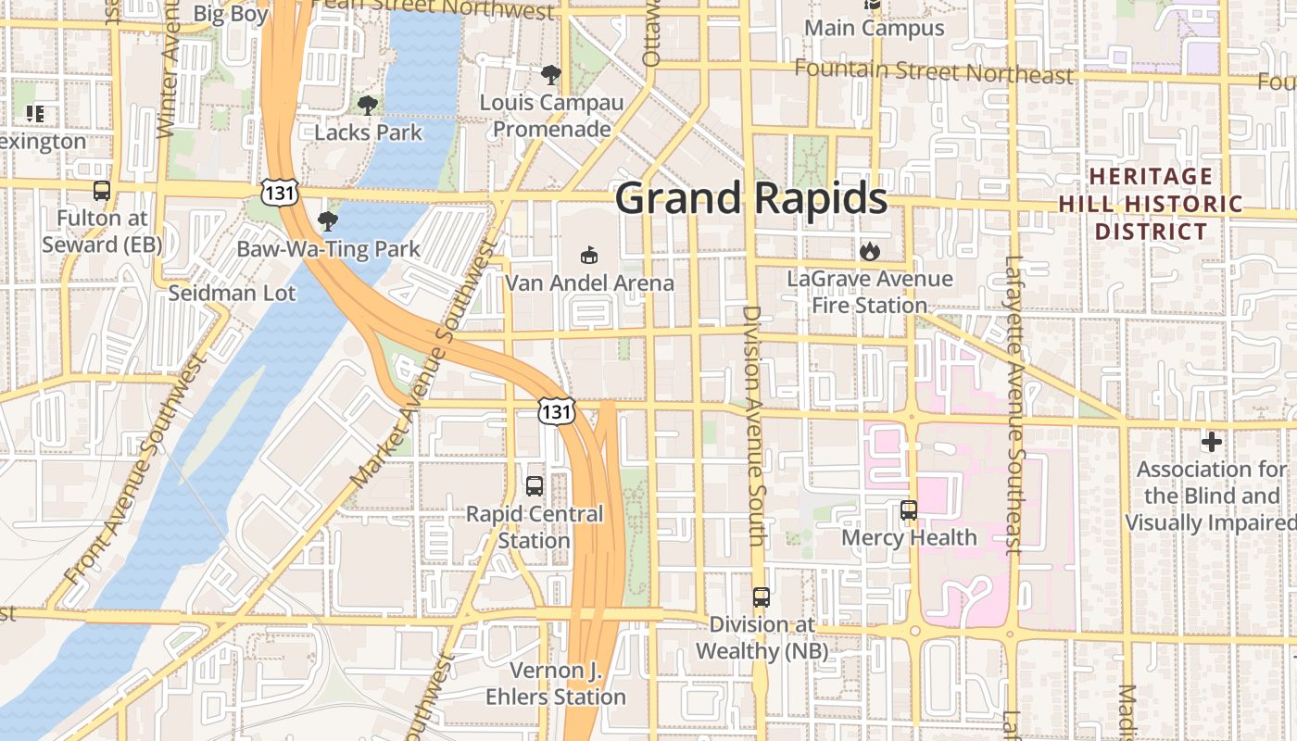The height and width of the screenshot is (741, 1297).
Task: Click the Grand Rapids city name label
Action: pyautogui.click(x=750, y=199)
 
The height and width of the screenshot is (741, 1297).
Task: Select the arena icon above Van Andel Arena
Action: pyautogui.click(x=588, y=255)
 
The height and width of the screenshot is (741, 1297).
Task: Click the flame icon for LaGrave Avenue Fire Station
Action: pyautogui.click(x=869, y=251)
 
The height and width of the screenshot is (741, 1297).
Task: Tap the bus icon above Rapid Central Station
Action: pyautogui.click(x=535, y=485)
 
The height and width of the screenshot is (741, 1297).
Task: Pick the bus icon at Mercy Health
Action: pyautogui.click(x=909, y=509)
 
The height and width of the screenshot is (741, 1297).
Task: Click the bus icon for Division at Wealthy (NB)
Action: pyautogui.click(x=762, y=597)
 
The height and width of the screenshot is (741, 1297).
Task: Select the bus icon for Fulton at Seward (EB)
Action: pyautogui.click(x=102, y=191)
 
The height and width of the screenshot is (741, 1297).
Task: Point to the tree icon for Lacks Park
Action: pyautogui.click(x=368, y=106)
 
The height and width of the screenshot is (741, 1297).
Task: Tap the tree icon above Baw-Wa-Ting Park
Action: pyautogui.click(x=327, y=221)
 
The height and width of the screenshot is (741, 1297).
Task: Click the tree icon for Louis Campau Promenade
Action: pyautogui.click(x=551, y=75)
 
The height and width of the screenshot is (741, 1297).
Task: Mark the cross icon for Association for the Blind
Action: pyautogui.click(x=1211, y=442)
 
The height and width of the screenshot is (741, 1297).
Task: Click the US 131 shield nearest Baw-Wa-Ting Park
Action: pyautogui.click(x=279, y=192)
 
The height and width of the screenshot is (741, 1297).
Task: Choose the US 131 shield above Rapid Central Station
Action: pyautogui.click(x=557, y=410)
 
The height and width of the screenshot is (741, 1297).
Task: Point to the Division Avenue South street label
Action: pyautogui.click(x=755, y=426)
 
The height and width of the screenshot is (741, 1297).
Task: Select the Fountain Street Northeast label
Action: pyautogui.click(x=934, y=71)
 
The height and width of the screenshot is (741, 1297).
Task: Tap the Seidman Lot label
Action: pyautogui.click(x=232, y=294)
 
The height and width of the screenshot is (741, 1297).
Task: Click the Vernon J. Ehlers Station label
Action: pyautogui.click(x=556, y=684)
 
